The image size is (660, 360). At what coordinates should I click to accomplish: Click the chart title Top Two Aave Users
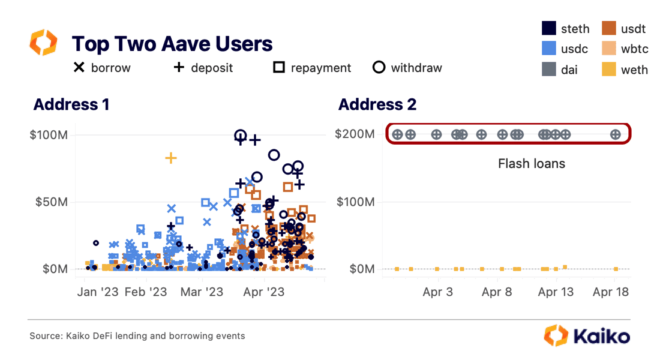coord(172,44)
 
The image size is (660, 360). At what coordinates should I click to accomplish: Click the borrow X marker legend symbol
coord(79,67)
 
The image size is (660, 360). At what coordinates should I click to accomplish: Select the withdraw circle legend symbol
coord(379,67)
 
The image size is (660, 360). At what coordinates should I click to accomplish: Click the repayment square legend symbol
coord(278,67)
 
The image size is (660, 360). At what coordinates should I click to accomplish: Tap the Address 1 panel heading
coord(71,104)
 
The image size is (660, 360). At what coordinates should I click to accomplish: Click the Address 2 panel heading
coord(377,104)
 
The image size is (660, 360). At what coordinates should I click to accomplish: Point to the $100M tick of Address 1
coord(48,134)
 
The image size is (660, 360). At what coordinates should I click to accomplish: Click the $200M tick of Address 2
coord(355,134)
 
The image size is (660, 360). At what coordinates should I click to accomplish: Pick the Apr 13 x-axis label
coord(556,292)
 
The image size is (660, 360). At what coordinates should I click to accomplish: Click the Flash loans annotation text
coord(532,163)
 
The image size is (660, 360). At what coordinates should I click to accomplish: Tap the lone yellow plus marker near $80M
coord(171,158)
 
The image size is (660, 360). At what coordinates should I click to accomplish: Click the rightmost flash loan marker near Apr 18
coord(615,134)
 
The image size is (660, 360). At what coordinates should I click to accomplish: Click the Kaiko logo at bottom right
coord(587,336)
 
